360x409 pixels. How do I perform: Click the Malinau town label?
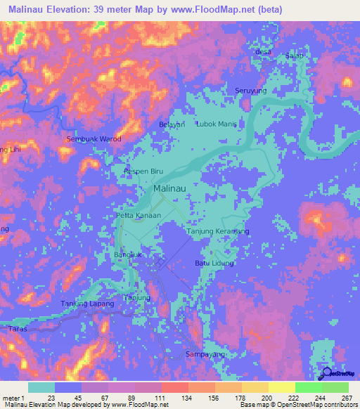click(169, 189)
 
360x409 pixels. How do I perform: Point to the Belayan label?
click(172, 124)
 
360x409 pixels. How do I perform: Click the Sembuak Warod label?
click(94, 139)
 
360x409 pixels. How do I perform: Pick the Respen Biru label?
click(143, 171)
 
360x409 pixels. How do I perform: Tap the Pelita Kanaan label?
click(139, 215)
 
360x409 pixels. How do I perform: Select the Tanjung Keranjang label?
click(218, 231)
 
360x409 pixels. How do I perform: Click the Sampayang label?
click(205, 355)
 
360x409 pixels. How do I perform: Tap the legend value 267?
click(346, 397)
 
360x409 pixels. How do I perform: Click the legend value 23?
click(51, 397)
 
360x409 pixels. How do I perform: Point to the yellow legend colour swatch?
click(281, 387)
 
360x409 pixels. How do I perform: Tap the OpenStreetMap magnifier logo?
click(326, 375)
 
